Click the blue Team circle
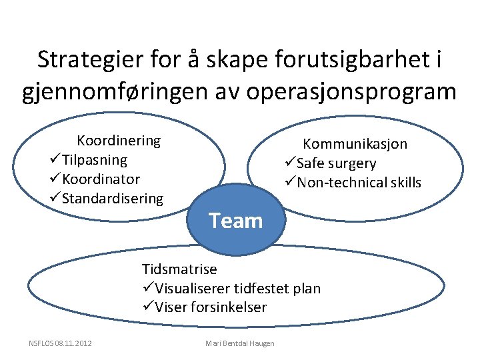click(x=236, y=221)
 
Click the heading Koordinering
click(x=119, y=141)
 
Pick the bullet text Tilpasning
click(x=94, y=160)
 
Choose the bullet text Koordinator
click(x=101, y=179)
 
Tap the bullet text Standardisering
click(x=112, y=199)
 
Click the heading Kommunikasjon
click(x=355, y=144)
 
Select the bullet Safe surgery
click(x=336, y=163)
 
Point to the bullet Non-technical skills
click(x=359, y=183)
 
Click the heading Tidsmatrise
click(x=179, y=269)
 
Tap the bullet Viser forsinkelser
click(x=211, y=307)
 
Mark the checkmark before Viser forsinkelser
click(x=148, y=307)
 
